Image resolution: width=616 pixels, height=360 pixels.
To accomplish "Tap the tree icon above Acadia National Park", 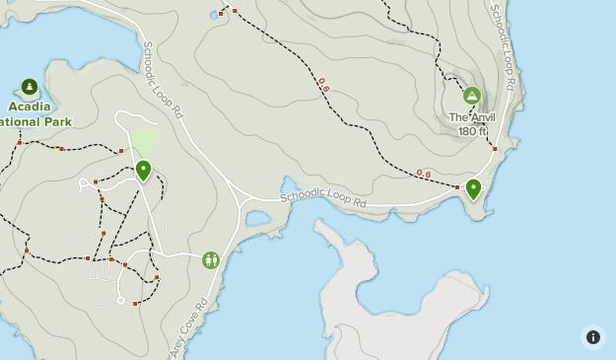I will tap(29, 87).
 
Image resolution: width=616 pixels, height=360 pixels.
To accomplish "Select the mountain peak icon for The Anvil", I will tap(471, 96).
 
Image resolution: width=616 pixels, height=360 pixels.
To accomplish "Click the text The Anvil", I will tap(472, 117).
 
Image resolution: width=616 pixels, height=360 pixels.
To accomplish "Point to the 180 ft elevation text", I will tap(473, 131).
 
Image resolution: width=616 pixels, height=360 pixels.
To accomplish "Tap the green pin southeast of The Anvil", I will tap(473, 188).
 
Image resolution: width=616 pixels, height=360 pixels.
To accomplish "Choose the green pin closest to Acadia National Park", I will tap(143, 171).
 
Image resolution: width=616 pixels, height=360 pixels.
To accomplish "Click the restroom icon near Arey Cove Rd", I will tap(210, 259).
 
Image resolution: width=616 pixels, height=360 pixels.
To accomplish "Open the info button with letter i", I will tap(592, 337).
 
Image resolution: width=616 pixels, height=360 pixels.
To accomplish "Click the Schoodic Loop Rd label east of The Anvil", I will tap(504, 46).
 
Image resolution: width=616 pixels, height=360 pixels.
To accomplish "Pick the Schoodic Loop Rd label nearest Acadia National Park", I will tap(163, 80).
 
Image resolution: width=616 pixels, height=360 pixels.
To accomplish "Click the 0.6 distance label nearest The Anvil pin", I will tap(423, 174).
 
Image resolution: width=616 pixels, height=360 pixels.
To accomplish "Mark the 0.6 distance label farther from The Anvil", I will tap(323, 86).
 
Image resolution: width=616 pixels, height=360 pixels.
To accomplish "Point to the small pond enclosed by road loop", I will tap(259, 217).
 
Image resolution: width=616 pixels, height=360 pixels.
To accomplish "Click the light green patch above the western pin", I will tap(145, 143).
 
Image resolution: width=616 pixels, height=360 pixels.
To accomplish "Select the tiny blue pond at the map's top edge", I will tap(213, 15).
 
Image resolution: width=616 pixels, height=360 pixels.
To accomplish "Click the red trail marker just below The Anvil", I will tap(495, 149).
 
